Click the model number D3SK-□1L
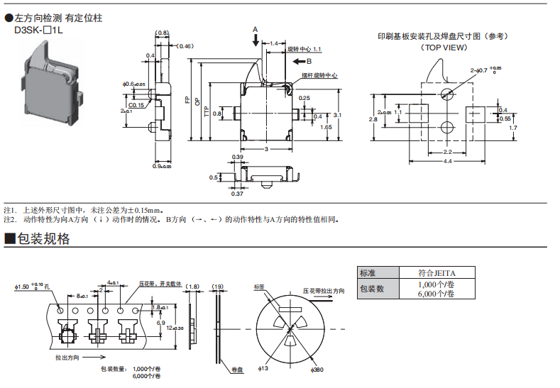(x=38, y=32)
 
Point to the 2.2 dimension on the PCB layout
(x=448, y=153)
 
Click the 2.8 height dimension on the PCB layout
(x=373, y=119)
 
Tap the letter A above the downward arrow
(x=255, y=29)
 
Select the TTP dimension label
(x=207, y=113)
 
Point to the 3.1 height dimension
(x=337, y=114)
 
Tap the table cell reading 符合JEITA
(x=437, y=272)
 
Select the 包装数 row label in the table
(x=372, y=289)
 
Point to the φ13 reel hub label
(x=261, y=370)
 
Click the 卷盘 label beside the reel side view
(x=238, y=370)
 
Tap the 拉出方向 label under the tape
(x=67, y=357)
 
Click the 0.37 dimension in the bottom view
(x=237, y=193)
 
